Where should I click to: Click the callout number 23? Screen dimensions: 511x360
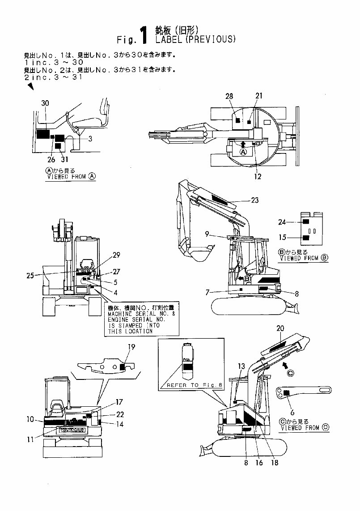click(254, 200)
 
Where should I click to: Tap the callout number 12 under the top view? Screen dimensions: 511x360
click(258, 176)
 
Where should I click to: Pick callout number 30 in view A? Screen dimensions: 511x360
click(45, 103)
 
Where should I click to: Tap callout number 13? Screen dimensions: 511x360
click(241, 366)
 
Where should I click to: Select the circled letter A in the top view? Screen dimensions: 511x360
click(243, 152)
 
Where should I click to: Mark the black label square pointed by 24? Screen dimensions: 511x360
click(306, 222)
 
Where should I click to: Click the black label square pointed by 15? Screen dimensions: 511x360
click(306, 238)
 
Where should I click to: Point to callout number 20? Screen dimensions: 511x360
click(280, 328)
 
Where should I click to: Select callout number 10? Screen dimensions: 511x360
click(30, 419)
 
